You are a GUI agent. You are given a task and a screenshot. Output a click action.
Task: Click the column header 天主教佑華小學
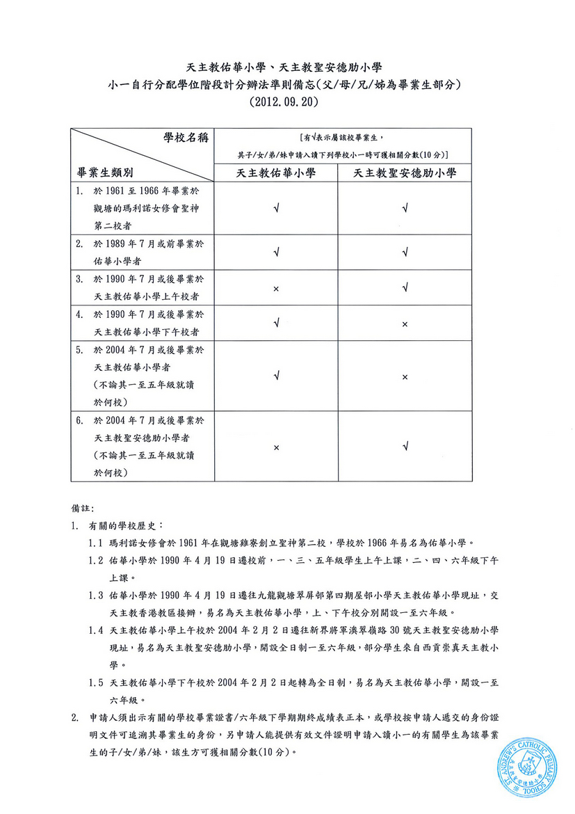point(277,173)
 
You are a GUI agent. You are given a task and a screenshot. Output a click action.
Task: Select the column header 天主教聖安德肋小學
point(405,173)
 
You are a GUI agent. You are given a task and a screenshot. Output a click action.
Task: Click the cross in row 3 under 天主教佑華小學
point(277,288)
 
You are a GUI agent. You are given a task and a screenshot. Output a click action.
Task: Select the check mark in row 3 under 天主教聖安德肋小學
point(405,288)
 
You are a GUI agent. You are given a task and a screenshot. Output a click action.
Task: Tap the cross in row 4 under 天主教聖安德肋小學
point(405,324)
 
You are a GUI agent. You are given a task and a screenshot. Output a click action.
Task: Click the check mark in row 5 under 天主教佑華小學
point(277,376)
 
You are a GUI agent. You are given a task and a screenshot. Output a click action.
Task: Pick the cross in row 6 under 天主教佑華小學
point(277,447)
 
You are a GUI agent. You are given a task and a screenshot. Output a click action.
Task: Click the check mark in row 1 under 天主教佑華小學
point(277,207)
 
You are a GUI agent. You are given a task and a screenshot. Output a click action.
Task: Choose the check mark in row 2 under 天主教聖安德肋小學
point(405,252)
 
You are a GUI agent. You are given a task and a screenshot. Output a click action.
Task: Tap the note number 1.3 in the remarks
point(97,596)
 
